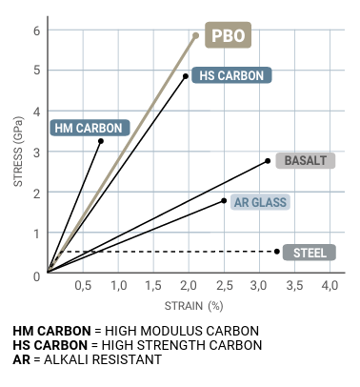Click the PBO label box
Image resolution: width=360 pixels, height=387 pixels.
click(228, 35)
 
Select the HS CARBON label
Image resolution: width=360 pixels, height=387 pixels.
click(231, 75)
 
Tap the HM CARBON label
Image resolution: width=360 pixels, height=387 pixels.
click(90, 128)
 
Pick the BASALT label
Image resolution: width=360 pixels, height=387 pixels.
click(306, 160)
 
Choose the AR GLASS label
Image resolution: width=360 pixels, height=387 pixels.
click(260, 202)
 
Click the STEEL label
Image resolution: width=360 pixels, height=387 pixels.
click(310, 253)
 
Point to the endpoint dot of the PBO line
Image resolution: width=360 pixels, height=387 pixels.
click(196, 35)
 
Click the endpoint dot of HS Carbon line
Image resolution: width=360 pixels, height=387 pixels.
click(186, 76)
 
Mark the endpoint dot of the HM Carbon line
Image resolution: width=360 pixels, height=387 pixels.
click(101, 141)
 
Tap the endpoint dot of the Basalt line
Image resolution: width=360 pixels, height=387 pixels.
click(268, 161)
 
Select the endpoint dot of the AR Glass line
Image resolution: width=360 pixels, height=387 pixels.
click(224, 200)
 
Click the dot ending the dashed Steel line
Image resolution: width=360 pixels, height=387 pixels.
click(277, 252)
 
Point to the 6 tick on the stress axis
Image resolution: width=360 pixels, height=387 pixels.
click(37, 31)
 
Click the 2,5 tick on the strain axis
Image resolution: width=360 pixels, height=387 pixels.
click(225, 286)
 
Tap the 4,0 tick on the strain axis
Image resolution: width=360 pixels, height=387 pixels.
click(330, 286)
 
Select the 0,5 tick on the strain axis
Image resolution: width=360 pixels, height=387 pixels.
click(83, 286)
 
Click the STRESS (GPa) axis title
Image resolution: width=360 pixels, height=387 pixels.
click(18, 152)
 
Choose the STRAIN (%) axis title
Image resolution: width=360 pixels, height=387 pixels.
click(194, 306)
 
